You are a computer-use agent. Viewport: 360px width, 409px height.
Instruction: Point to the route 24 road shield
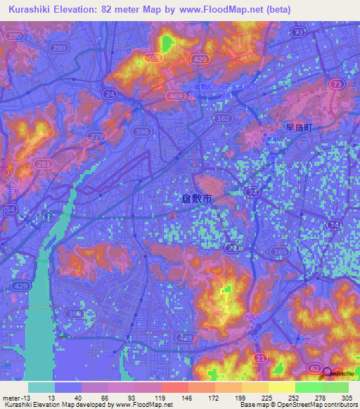[110, 93]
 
